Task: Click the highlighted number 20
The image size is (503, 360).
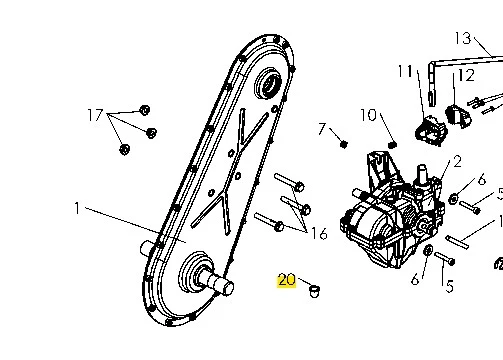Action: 287,280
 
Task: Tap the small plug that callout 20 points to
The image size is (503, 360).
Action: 314,291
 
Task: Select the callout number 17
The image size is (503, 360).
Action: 95,115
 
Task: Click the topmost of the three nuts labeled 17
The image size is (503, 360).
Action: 144,110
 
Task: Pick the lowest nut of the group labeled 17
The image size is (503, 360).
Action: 125,149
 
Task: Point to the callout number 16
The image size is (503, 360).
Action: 319,233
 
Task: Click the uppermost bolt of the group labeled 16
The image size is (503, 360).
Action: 289,182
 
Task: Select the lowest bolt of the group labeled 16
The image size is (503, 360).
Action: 269,222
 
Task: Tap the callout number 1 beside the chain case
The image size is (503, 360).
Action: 77,208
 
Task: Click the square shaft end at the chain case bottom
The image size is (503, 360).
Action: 224,285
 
